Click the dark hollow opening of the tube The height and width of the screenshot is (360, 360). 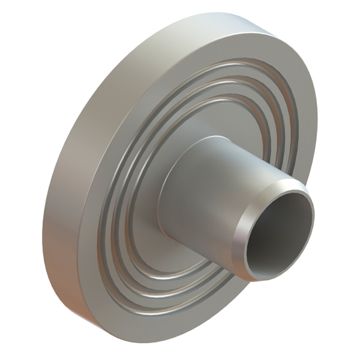pyautogui.click(x=277, y=231)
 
